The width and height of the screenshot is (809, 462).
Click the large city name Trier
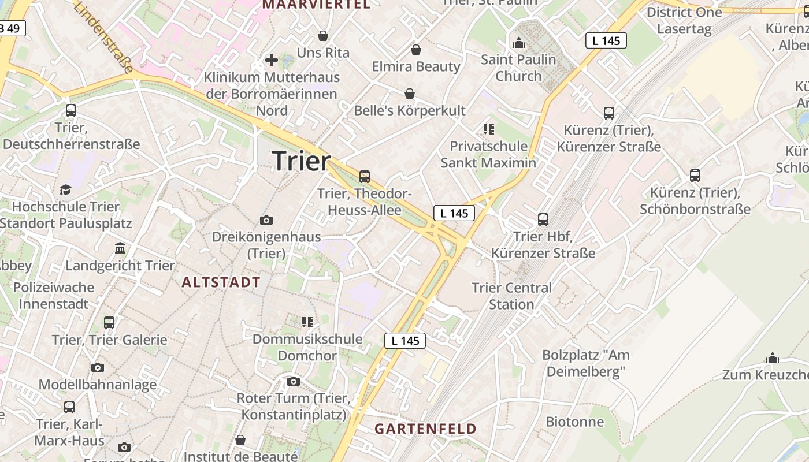pyautogui.click(x=301, y=160)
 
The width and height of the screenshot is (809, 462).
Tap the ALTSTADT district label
pyautogui.click(x=221, y=282)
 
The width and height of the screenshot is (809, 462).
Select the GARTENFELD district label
pyautogui.click(x=425, y=429)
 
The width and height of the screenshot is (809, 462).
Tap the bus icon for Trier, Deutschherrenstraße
pyautogui.click(x=71, y=110)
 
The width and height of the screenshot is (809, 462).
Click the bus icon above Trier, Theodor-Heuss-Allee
pyautogui.click(x=364, y=177)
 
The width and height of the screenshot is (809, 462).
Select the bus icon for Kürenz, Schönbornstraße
pyautogui.click(x=695, y=175)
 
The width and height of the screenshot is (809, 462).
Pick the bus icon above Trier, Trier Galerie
pyautogui.click(x=109, y=323)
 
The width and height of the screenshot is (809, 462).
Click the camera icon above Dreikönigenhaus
pyautogui.click(x=266, y=220)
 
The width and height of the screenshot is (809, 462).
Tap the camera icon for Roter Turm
pyautogui.click(x=294, y=381)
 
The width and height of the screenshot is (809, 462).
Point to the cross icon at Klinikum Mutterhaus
pyautogui.click(x=272, y=59)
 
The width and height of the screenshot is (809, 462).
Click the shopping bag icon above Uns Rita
pyautogui.click(x=323, y=36)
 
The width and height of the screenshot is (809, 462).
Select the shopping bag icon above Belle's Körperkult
pyautogui.click(x=410, y=94)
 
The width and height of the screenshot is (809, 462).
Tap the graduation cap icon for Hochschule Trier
pyautogui.click(x=65, y=189)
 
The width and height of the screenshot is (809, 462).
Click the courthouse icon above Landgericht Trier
pyautogui.click(x=120, y=248)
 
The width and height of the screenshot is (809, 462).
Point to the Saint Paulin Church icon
pyautogui.click(x=518, y=42)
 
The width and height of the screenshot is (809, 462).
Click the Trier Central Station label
pyautogui.click(x=511, y=296)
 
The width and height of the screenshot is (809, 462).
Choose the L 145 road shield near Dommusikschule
pyautogui.click(x=405, y=341)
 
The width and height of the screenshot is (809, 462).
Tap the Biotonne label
pyautogui.click(x=575, y=422)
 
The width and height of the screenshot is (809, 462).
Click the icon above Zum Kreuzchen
pyautogui.click(x=773, y=358)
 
